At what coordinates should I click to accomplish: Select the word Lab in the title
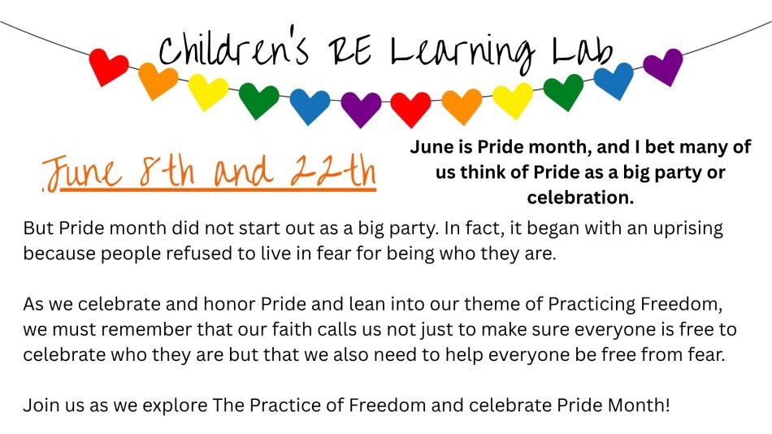point(583,51)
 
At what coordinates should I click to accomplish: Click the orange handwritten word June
point(82,172)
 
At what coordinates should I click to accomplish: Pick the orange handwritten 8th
point(167,171)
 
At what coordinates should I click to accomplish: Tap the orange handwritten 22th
point(333,171)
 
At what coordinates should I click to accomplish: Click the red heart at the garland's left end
point(108,67)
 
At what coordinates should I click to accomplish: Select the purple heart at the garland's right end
point(663,67)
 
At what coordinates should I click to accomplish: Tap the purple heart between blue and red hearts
point(361,109)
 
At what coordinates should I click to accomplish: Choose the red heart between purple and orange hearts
point(410,109)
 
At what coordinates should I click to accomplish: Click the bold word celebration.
point(580,197)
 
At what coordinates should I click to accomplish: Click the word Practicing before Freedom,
point(592,305)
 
